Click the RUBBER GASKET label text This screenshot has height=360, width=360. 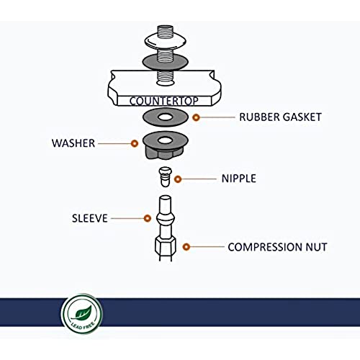pyautogui.click(x=280, y=117)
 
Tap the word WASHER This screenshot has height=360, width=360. pyautogui.click(x=73, y=143)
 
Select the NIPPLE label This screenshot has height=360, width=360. pyautogui.click(x=239, y=179)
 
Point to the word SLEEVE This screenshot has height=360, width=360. pyautogui.click(x=90, y=218)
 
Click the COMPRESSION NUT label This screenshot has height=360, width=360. pyautogui.click(x=277, y=247)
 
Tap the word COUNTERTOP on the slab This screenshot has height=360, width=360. pyautogui.click(x=164, y=101)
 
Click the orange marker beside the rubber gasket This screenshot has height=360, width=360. pyautogui.click(x=196, y=117)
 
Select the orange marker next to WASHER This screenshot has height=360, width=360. pyautogui.click(x=135, y=143)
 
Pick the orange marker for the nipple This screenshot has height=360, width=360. pyautogui.click(x=178, y=179)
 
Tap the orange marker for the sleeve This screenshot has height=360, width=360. pyautogui.click(x=148, y=218)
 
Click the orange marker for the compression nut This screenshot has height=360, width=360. pyautogui.click(x=186, y=247)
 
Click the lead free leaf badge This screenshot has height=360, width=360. pyautogui.click(x=82, y=314)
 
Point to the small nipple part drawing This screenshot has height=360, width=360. pyautogui.click(x=166, y=177)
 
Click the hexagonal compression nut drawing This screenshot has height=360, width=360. pyautogui.click(x=166, y=247)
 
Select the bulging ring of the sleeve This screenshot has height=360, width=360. pyautogui.click(x=166, y=219)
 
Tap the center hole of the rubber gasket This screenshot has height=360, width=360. pyautogui.click(x=166, y=117)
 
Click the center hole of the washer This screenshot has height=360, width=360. pyautogui.click(x=166, y=140)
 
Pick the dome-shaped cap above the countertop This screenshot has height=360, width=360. pyautogui.click(x=166, y=41)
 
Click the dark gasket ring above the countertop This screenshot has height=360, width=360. pyautogui.click(x=166, y=62)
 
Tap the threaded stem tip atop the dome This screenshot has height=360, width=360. pyautogui.click(x=166, y=31)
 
